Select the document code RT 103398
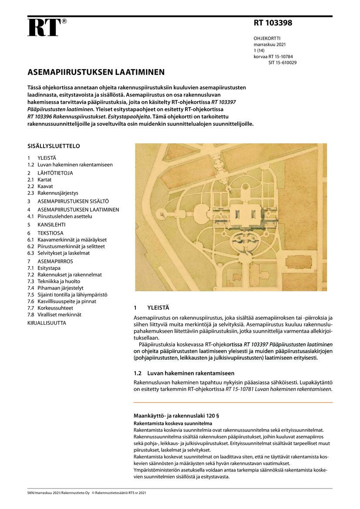[x=273, y=24]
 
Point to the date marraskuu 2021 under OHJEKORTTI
[x=270, y=45]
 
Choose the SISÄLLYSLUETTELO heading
[x=54, y=146]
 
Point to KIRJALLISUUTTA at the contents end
[x=47, y=323]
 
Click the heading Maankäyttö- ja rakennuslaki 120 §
[x=175, y=415]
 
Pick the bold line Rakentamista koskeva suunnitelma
[x=173, y=423]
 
